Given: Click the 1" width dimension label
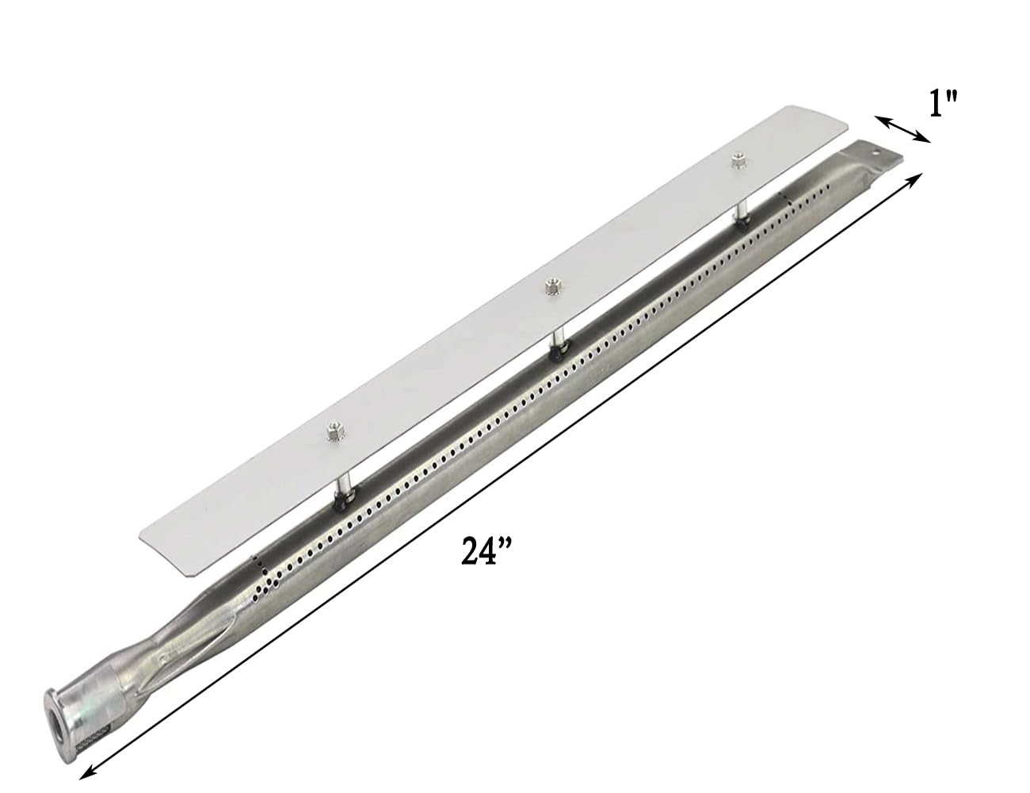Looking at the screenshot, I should coord(944,102).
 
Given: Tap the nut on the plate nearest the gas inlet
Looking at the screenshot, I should coord(330,432).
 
